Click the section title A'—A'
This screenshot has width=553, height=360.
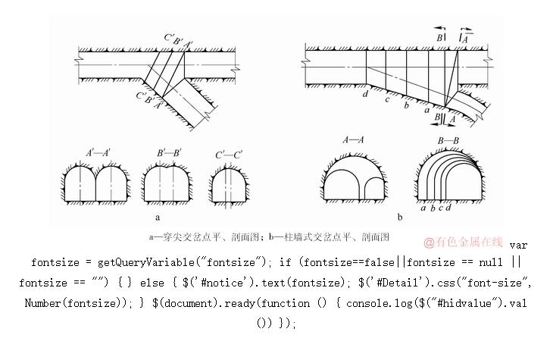point(98,153)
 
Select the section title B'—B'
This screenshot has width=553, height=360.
point(169,153)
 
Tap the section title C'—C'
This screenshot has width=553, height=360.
point(229,155)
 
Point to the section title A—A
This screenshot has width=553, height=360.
point(353,140)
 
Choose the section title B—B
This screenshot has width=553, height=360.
point(448,141)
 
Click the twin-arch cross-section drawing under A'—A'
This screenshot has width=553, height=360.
point(95,183)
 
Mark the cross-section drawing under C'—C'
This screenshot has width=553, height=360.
point(230,185)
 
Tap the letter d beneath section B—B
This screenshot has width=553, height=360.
point(448,208)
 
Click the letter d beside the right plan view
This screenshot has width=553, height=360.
point(365,94)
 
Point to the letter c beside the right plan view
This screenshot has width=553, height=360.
point(387,99)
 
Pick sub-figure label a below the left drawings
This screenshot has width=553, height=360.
point(158,218)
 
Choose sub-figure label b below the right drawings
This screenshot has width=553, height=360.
point(400,217)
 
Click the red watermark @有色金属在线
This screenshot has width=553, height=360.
point(463,242)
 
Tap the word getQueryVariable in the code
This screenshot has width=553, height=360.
point(145,262)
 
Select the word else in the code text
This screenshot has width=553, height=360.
point(152,283)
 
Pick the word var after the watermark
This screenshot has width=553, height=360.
point(518,245)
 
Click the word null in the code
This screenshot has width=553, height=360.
point(491,262)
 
